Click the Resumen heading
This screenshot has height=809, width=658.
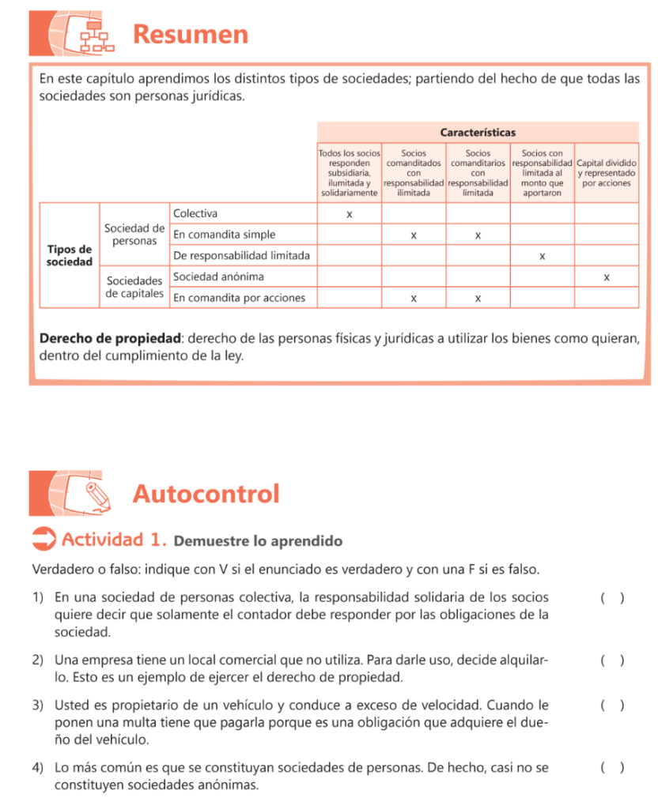tap(191, 34)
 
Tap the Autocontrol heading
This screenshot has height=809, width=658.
tap(206, 494)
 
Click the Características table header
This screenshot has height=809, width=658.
tap(478, 132)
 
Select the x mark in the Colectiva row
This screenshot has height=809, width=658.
tap(349, 214)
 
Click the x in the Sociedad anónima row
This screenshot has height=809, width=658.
tap(606, 277)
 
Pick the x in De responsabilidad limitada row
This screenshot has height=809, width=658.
tap(542, 256)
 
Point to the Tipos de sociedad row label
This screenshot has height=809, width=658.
tap(69, 255)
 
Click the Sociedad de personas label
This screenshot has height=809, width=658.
tap(134, 235)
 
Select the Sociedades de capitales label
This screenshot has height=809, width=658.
tap(134, 288)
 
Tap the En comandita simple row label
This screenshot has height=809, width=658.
tap(225, 235)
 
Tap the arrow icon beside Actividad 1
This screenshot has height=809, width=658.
tap(44, 540)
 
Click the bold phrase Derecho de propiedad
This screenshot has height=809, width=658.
tap(110, 339)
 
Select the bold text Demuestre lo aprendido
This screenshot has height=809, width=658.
tap(258, 541)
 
